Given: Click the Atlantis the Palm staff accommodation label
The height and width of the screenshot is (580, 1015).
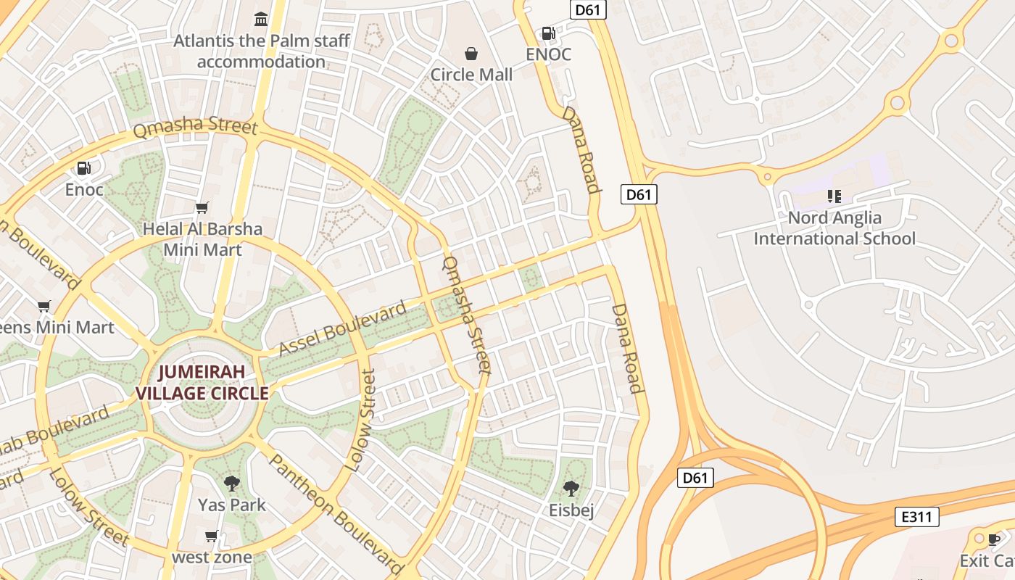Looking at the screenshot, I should point(262,51).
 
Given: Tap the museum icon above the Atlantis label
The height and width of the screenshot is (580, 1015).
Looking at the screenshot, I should point(261,18).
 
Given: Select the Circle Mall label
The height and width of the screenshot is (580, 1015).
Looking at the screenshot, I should point(471,75).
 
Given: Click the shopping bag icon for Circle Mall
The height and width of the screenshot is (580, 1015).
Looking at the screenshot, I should point(471,53).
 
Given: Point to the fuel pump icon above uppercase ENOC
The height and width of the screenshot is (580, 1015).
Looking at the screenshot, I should point(548,33).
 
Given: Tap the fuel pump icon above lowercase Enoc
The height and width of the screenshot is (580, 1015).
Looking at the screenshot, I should point(84,168).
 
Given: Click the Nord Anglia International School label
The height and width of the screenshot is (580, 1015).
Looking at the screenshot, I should point(834,228).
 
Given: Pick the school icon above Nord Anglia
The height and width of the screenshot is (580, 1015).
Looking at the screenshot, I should point(834,196).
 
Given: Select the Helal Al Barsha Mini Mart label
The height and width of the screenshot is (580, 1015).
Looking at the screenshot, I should point(202,239).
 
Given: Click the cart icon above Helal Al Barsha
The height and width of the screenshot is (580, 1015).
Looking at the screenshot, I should point(202,208).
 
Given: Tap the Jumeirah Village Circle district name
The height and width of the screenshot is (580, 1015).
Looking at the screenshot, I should point(202,383).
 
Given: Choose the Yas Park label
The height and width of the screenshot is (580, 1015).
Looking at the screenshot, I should point(232,505).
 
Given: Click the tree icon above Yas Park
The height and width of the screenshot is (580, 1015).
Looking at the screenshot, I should point(232,483).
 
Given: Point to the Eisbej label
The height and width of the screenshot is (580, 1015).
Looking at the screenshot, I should point(571,510).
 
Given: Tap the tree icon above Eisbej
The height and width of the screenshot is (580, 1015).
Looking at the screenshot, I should point(571,488).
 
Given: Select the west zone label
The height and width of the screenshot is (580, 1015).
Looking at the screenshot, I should point(212,558).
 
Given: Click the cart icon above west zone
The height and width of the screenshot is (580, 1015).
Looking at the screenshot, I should point(211,536).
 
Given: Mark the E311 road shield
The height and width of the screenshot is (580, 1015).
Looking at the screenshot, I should point(917,517).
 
